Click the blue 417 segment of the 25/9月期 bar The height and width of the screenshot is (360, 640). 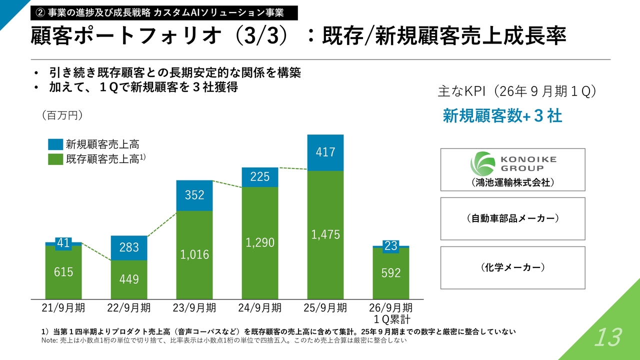(x=325, y=152)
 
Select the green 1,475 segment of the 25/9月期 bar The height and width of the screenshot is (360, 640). (x=325, y=235)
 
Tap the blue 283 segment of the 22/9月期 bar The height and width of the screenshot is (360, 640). (x=129, y=247)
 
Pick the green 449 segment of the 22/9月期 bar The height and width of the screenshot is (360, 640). (x=129, y=279)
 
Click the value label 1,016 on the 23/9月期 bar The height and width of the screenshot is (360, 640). (x=194, y=254)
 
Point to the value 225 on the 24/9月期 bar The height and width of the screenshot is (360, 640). (x=260, y=176)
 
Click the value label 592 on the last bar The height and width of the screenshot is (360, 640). (x=391, y=273)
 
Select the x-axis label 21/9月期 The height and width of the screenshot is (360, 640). (x=63, y=308)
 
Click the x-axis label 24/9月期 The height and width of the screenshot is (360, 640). (x=259, y=308)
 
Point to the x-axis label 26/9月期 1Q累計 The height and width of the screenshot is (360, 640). (x=391, y=313)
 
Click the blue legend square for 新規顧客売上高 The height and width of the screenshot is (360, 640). (x=55, y=144)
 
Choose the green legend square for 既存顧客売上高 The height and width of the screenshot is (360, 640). (x=55, y=159)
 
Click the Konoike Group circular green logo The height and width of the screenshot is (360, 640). (x=481, y=163)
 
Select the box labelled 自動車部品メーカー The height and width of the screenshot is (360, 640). (x=512, y=218)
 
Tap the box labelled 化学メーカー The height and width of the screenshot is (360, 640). (x=512, y=267)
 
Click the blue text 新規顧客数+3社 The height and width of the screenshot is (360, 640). (x=502, y=116)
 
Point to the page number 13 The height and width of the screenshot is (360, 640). (x=607, y=338)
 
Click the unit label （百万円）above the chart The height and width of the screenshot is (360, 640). (x=62, y=115)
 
